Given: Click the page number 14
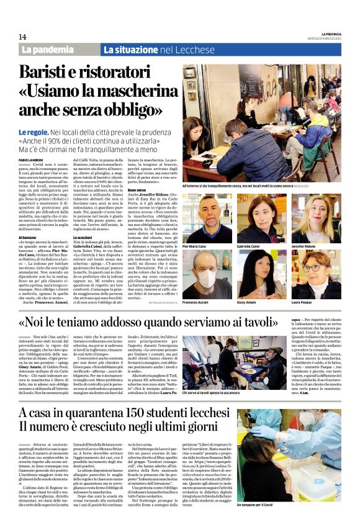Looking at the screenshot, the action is pyautogui.click(x=22, y=36).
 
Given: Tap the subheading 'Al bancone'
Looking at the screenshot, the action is pyautogui.click(x=28, y=237).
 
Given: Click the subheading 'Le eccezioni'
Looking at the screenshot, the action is pyautogui.click(x=82, y=237).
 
